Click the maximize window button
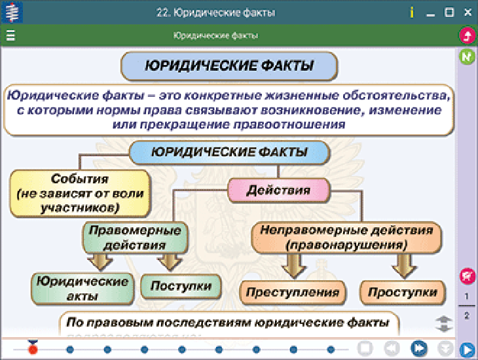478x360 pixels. coord(449,12)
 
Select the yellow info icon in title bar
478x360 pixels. coord(411,12)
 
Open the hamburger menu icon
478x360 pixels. coord(10,35)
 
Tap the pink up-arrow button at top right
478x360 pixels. coord(467,35)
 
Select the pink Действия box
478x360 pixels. coord(278,190)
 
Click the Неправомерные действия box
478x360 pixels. coord(346,238)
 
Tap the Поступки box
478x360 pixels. coord(181,287)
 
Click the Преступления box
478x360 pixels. coord(293,292)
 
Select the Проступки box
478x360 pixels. coord(402,292)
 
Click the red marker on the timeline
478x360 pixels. coord(33,349)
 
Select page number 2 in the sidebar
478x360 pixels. coord(467,315)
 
